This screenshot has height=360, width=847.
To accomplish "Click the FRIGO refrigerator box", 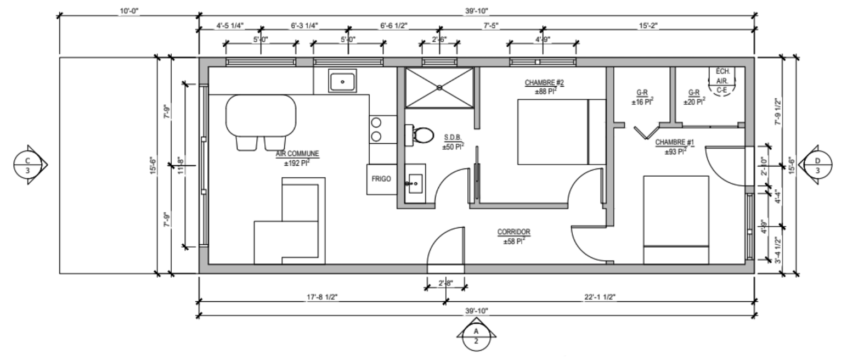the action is pyautogui.click(x=381, y=179).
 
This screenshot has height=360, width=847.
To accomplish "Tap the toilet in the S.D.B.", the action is pyautogui.click(x=420, y=135).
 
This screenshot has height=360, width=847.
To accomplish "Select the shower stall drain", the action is pyautogui.click(x=439, y=88).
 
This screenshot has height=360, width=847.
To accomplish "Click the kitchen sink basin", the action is pyautogui.click(x=342, y=81).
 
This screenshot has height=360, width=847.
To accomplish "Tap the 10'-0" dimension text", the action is pyautogui.click(x=129, y=11).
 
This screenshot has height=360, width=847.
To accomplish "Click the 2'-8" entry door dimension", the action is pyautogui.click(x=446, y=283).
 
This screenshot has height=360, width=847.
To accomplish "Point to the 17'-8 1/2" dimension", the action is pyautogui.click(x=322, y=297).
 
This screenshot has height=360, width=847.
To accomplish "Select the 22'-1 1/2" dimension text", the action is pyautogui.click(x=600, y=297).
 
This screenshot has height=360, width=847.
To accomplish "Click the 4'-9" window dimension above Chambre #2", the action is pyautogui.click(x=543, y=40).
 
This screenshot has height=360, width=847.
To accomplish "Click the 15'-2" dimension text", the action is pyautogui.click(x=648, y=26).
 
